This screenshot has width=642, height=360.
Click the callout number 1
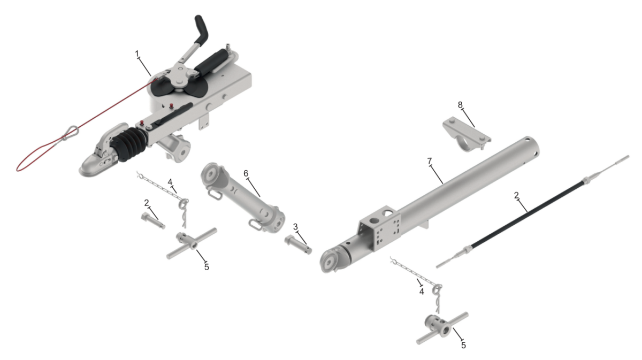(137, 53)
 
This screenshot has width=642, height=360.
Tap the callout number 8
(460, 105)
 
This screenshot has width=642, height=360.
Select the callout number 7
(429, 162)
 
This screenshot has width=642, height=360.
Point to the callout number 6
(246, 173)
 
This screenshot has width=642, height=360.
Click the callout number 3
(295, 227)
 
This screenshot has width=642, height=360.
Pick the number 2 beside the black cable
(516, 195)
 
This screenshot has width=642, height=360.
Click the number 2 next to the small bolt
(147, 203)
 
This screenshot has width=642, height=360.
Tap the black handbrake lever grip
(202, 29)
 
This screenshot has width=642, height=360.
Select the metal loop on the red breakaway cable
(70, 133)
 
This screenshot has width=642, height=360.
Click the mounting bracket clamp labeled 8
(467, 134)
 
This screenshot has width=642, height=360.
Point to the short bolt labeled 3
(298, 244)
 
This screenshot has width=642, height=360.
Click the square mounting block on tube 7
(380, 228)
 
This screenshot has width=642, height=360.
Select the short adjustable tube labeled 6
(243, 198)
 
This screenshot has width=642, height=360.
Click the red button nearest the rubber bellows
(142, 123)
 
